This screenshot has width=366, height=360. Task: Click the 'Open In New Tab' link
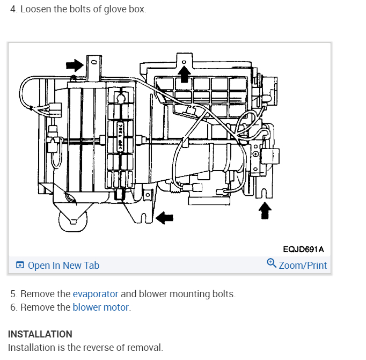[x=63, y=265]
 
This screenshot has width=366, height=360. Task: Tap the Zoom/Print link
[x=303, y=265]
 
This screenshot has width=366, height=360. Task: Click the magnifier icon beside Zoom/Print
[x=272, y=263]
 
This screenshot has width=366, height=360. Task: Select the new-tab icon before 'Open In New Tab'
[x=20, y=265]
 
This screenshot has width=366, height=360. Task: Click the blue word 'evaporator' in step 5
[x=95, y=293]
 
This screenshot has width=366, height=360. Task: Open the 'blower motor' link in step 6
[x=101, y=307]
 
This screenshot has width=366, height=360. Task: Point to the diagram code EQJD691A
[x=303, y=249]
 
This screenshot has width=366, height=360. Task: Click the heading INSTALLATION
[x=40, y=334]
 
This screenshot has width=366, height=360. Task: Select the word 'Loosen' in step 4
[x=35, y=10]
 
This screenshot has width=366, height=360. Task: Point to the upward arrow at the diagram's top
[x=184, y=74]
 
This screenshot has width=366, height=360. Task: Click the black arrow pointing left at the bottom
[x=165, y=217]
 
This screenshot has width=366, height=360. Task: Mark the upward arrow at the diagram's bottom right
[x=264, y=210]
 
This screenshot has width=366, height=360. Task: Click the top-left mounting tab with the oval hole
[x=93, y=63]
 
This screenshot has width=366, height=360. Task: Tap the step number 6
[x=13, y=307]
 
